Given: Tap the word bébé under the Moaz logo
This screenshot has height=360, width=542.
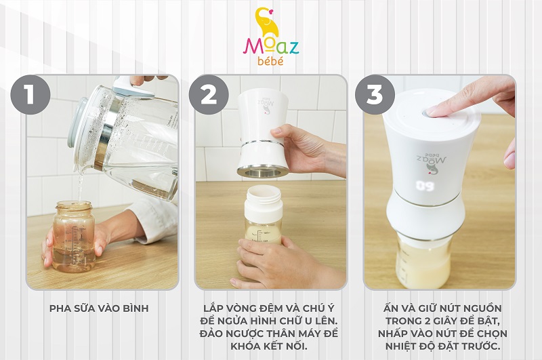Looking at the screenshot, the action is pos(270,60).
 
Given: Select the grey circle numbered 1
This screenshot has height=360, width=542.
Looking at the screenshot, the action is pos(30,94).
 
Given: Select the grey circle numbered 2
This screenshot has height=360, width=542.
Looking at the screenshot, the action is pos(209,94).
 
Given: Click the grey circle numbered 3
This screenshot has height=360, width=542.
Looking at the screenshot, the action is pos(375,94).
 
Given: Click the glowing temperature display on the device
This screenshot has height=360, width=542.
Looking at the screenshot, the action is pos(425,186).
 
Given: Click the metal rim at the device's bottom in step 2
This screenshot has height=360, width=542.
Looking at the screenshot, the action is pos(263,172).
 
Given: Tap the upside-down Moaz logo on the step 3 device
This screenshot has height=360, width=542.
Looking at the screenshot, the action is pos(430,160).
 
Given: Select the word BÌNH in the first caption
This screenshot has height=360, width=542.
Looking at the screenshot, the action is pos(136,308).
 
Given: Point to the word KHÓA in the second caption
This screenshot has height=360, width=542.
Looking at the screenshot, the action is pos(245,346).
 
